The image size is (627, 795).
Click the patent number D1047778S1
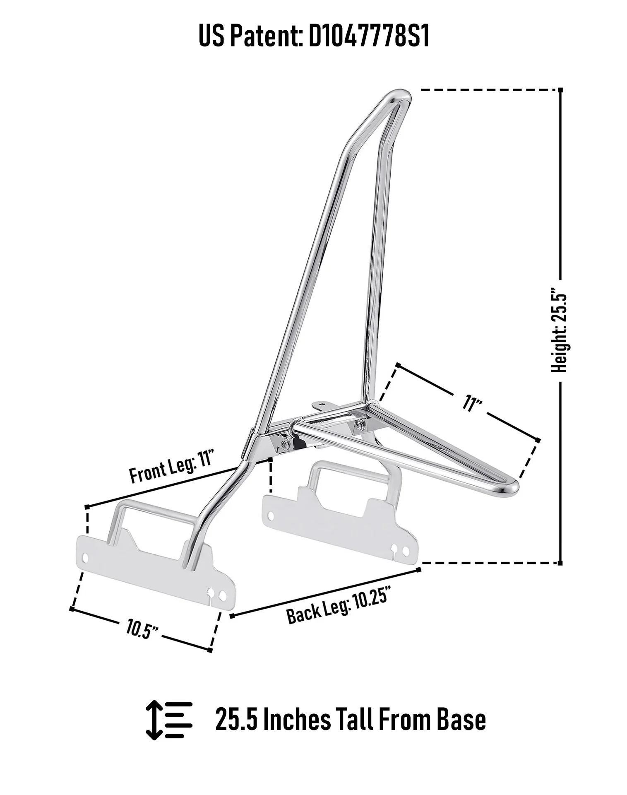369,36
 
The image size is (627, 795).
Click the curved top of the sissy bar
398,96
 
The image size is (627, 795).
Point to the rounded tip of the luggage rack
513,487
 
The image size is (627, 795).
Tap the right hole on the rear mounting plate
406,551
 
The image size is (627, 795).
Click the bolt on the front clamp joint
283,443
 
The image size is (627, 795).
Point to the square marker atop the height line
560,90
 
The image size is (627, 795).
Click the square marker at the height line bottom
560,563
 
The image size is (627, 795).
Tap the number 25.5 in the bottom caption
236,720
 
